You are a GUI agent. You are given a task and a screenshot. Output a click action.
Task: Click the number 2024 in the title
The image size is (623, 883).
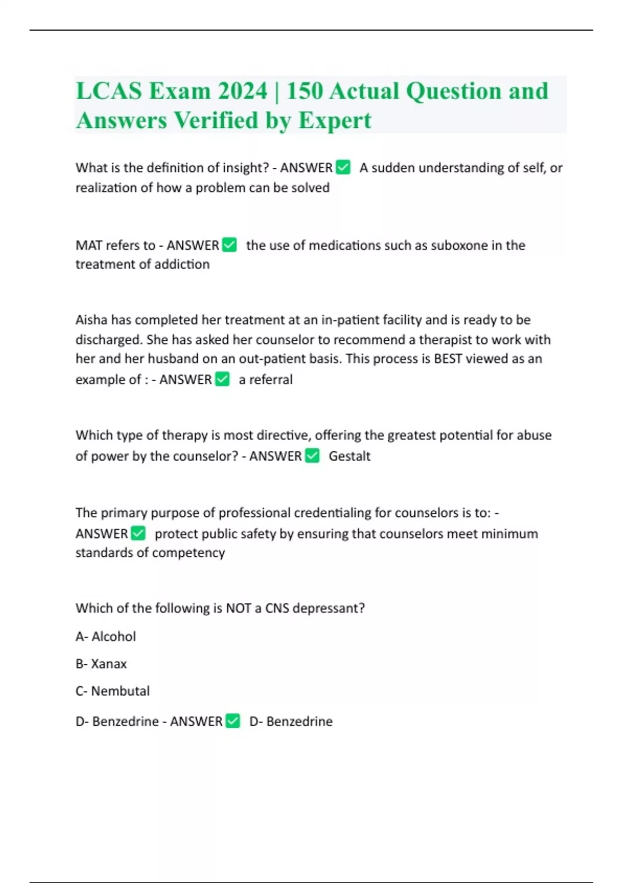pos(242,91)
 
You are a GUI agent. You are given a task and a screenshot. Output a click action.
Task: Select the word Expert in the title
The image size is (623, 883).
pos(334,121)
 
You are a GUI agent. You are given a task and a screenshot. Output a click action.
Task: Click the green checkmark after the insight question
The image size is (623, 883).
pos(343,167)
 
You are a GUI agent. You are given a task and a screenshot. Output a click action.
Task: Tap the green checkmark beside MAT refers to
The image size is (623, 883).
pos(229,245)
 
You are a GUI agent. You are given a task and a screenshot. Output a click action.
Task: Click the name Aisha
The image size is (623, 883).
pos(91,320)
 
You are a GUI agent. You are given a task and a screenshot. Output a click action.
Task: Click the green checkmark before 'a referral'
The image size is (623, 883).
pos(222,379)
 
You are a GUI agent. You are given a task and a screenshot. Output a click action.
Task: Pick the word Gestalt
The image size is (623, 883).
pos(349,456)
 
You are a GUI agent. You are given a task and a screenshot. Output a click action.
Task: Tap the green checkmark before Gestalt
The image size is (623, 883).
pos(312,456)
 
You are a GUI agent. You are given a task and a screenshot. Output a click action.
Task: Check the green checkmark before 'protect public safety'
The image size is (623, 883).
pos(138,533)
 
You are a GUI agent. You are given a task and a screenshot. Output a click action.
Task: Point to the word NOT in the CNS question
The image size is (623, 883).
pos(239,608)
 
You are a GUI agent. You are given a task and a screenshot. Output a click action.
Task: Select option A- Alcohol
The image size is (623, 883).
pos(106,636)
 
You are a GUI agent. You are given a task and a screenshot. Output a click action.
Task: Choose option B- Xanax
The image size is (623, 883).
pos(101,664)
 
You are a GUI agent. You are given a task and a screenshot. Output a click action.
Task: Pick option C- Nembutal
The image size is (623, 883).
pos(113,691)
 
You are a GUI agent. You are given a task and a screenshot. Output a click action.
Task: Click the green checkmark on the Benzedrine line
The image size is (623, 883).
pos(233,721)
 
